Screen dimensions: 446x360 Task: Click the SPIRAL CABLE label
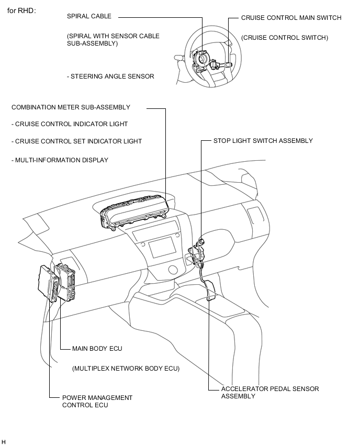coord(89,16)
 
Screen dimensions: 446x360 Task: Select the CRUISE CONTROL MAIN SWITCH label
coord(291,18)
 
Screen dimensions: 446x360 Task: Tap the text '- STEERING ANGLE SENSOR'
coord(110,76)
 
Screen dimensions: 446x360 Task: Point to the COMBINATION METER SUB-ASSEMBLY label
coord(71,107)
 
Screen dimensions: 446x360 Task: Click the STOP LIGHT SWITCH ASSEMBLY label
coord(263,141)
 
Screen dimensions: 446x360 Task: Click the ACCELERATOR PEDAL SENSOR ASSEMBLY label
coord(269,393)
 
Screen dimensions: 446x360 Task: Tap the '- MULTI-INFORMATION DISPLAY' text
coord(60,160)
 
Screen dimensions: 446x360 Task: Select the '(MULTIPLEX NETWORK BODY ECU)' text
coord(126,369)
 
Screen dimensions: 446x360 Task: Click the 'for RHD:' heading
coord(21,11)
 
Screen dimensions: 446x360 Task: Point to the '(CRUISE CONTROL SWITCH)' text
coord(285,38)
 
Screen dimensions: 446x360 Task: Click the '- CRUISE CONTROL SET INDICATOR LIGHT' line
coord(76,141)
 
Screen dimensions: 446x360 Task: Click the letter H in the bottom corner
coord(4,442)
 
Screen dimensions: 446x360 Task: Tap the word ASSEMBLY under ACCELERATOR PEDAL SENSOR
coord(238,396)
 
